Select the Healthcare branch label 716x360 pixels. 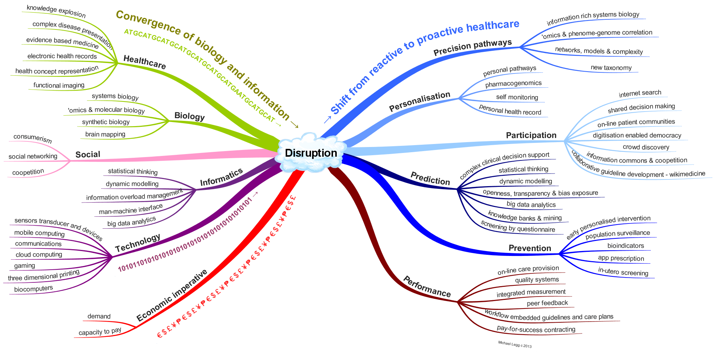coord(144,62)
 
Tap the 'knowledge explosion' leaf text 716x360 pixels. coord(56,12)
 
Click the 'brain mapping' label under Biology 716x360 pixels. coord(105,134)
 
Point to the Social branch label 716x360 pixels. coord(88,154)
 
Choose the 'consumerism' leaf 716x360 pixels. coord(32,138)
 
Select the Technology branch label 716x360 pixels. coord(138,243)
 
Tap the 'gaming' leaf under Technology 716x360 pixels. coord(25,266)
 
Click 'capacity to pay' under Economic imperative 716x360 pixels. coord(100,332)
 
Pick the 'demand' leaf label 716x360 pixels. coord(99,316)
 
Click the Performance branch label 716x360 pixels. coord(427,287)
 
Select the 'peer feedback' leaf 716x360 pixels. coord(547,303)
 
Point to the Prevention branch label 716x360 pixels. coord(530,248)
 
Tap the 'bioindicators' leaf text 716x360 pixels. coord(625,245)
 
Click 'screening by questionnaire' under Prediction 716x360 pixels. coord(518,226)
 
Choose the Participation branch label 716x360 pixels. coord(531,135)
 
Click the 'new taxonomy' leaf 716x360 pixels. coord(611,68)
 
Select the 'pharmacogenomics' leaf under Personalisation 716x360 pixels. coord(513,84)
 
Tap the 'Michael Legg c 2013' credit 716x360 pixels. coord(515,344)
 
